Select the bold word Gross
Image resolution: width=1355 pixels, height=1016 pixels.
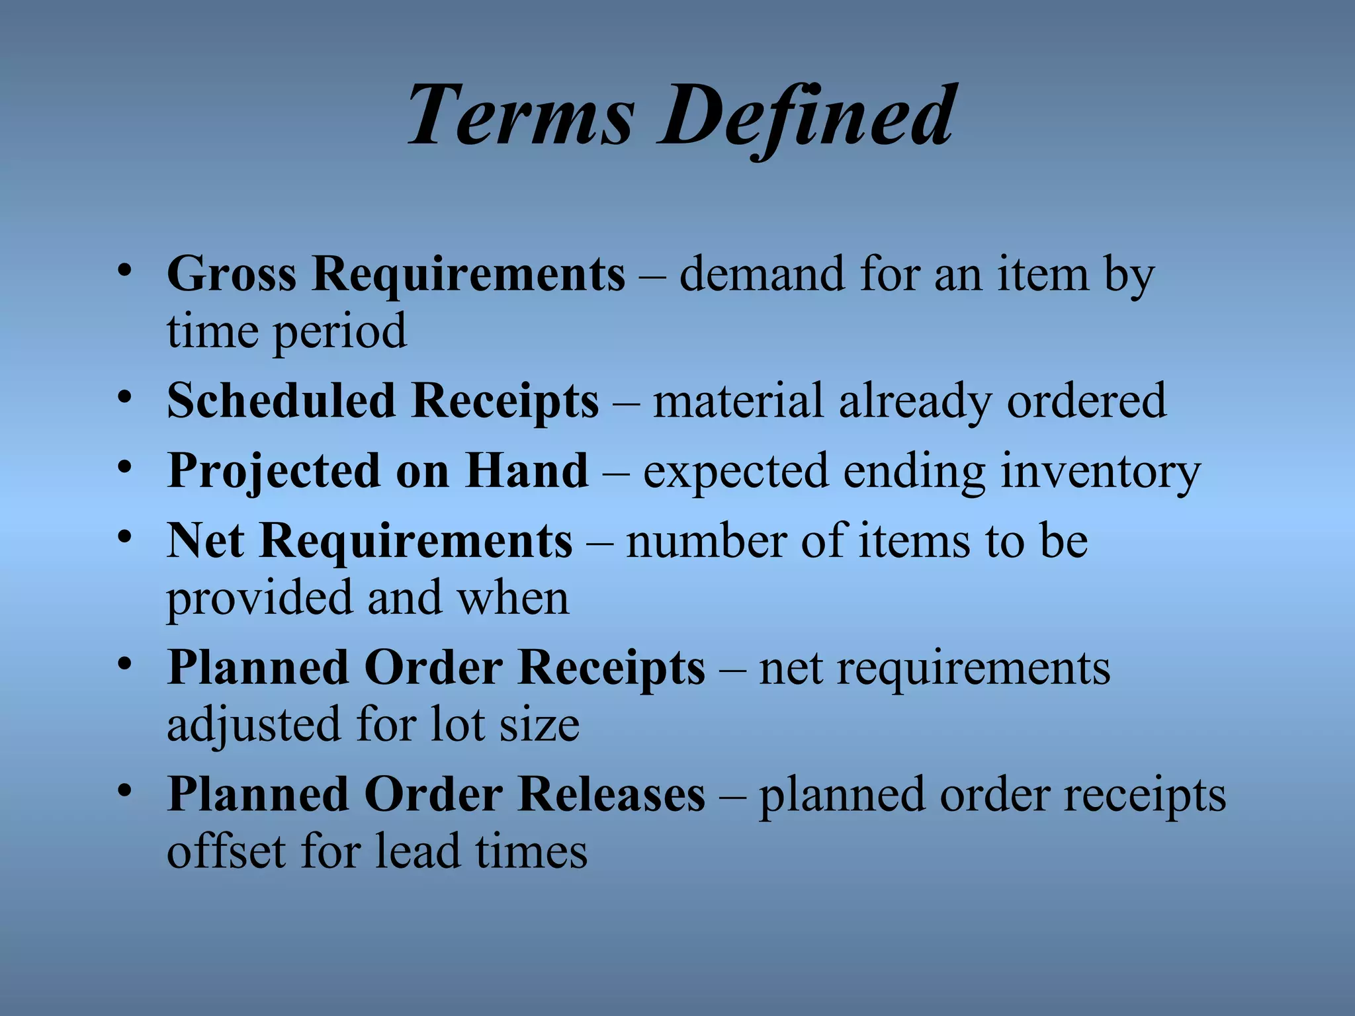[232, 274]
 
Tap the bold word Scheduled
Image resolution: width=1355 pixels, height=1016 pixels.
[281, 401]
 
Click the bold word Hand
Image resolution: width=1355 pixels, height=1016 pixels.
[526, 470]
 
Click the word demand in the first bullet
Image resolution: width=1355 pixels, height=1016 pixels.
[762, 274]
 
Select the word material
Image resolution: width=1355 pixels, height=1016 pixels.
[738, 401]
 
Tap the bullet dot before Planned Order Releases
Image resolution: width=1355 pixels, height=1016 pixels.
[124, 791]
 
